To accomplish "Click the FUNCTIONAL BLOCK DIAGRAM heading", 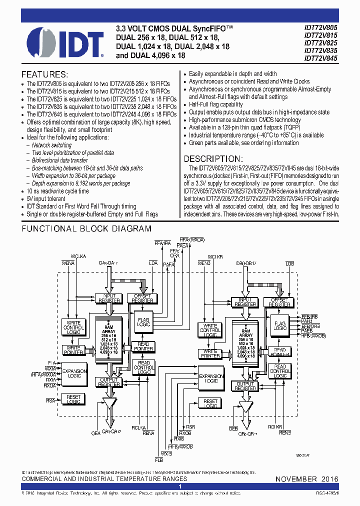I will (86, 229).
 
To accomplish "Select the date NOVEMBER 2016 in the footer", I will (307, 479).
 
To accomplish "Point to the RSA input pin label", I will (50, 400).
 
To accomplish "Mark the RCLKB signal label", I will (275, 426).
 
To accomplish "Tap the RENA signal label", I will (148, 433).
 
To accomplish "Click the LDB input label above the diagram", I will (290, 263).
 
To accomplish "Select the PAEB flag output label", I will (306, 330).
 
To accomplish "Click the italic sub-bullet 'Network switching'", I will (51, 145).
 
